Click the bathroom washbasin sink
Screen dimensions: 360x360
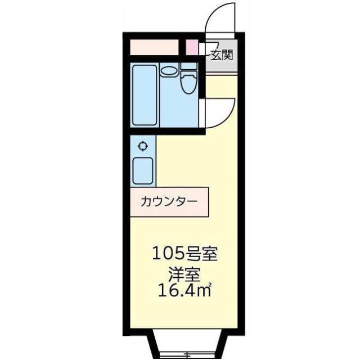(168, 71)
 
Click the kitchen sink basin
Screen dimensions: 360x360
(143, 171)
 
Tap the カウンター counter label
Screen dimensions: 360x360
(168, 202)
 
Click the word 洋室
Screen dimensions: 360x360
(184, 275)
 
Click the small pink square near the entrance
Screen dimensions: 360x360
(192, 47)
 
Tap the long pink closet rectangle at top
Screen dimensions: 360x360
(154, 47)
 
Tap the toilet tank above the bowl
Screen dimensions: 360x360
(189, 66)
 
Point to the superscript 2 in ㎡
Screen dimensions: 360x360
(209, 286)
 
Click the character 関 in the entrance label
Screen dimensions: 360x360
(227, 55)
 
